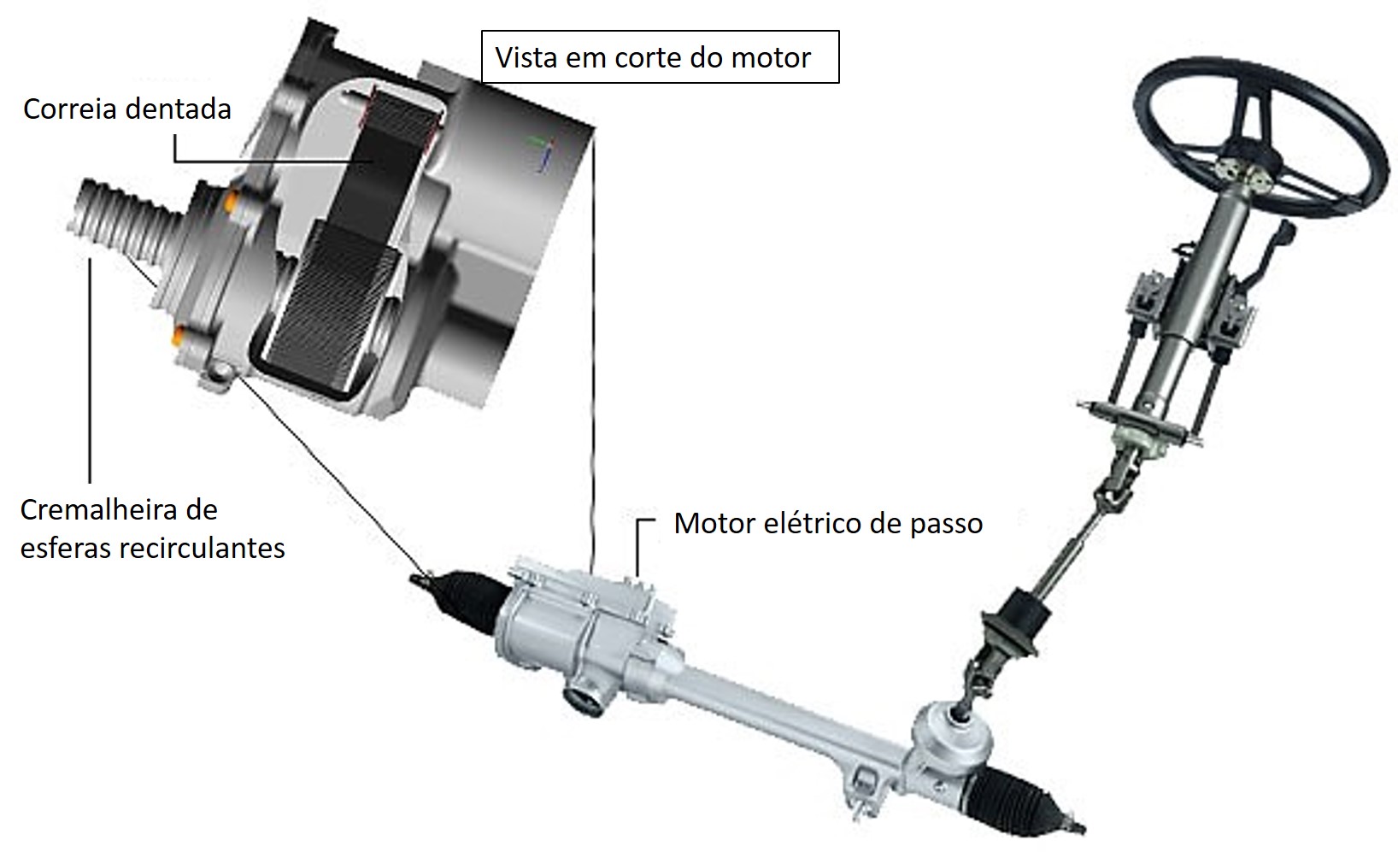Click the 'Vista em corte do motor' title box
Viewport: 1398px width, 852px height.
(x=661, y=56)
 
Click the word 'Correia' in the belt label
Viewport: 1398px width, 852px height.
(x=71, y=109)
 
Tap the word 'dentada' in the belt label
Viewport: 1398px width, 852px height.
(x=179, y=109)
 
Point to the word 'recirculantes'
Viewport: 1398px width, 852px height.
(x=202, y=549)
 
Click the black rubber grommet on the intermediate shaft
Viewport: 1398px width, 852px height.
(x=1014, y=624)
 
